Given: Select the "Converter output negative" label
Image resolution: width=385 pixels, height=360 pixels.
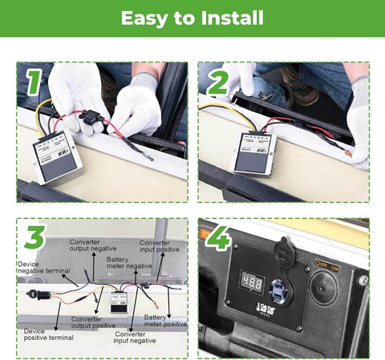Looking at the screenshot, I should (90, 246).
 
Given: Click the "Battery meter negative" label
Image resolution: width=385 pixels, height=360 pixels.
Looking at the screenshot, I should (128, 264).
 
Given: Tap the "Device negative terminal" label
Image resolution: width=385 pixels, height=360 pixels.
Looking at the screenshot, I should (41, 267).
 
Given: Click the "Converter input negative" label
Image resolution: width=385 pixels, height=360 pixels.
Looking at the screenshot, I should (136, 338).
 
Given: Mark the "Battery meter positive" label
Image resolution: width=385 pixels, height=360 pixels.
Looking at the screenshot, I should (166, 321).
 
